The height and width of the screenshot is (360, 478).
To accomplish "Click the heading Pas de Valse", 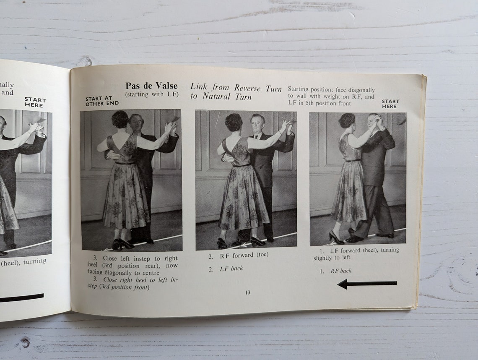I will click(151, 86).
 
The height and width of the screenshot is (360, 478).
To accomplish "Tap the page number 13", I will click(248, 292).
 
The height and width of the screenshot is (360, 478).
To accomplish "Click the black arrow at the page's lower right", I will click(367, 284).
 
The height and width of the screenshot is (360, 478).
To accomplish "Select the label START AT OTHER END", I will click(102, 101).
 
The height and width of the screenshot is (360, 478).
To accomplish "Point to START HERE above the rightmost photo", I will click(390, 104).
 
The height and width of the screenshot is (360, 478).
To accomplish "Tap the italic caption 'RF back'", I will click(340, 271).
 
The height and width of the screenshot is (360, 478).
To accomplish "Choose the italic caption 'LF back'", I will click(231, 269).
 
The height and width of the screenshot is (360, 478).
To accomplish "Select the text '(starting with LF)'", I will click(152, 94).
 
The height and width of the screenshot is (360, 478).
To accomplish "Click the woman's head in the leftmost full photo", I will click(120, 120).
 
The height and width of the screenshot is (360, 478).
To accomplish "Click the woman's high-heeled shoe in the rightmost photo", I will click(335, 238).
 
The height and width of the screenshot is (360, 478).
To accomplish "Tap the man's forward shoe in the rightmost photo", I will click(354, 238).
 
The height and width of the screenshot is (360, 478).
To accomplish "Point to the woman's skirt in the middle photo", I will click(244, 197).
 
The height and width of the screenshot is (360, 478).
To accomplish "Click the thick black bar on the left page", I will click(21, 297).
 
